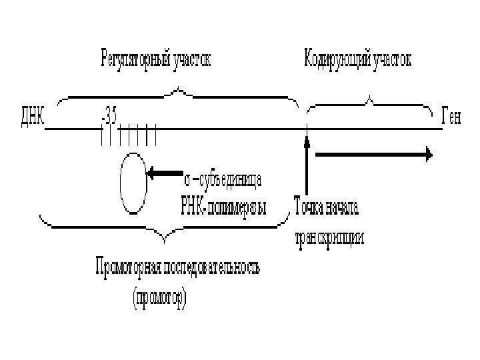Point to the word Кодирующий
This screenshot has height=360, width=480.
pos(336,59)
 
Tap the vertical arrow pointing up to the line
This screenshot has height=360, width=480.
pos(307,167)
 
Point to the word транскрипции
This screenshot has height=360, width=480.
pos(329,238)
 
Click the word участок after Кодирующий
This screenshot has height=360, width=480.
pos(392,59)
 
